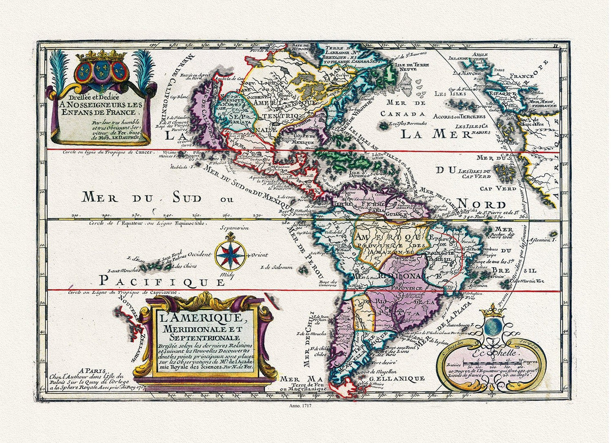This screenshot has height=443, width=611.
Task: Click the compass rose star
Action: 230,255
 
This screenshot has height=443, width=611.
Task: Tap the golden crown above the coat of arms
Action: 101,55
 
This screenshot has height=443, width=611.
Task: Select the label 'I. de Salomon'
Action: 277,267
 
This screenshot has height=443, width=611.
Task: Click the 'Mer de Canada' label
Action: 402,108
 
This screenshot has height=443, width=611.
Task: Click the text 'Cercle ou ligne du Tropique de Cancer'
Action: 109,152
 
